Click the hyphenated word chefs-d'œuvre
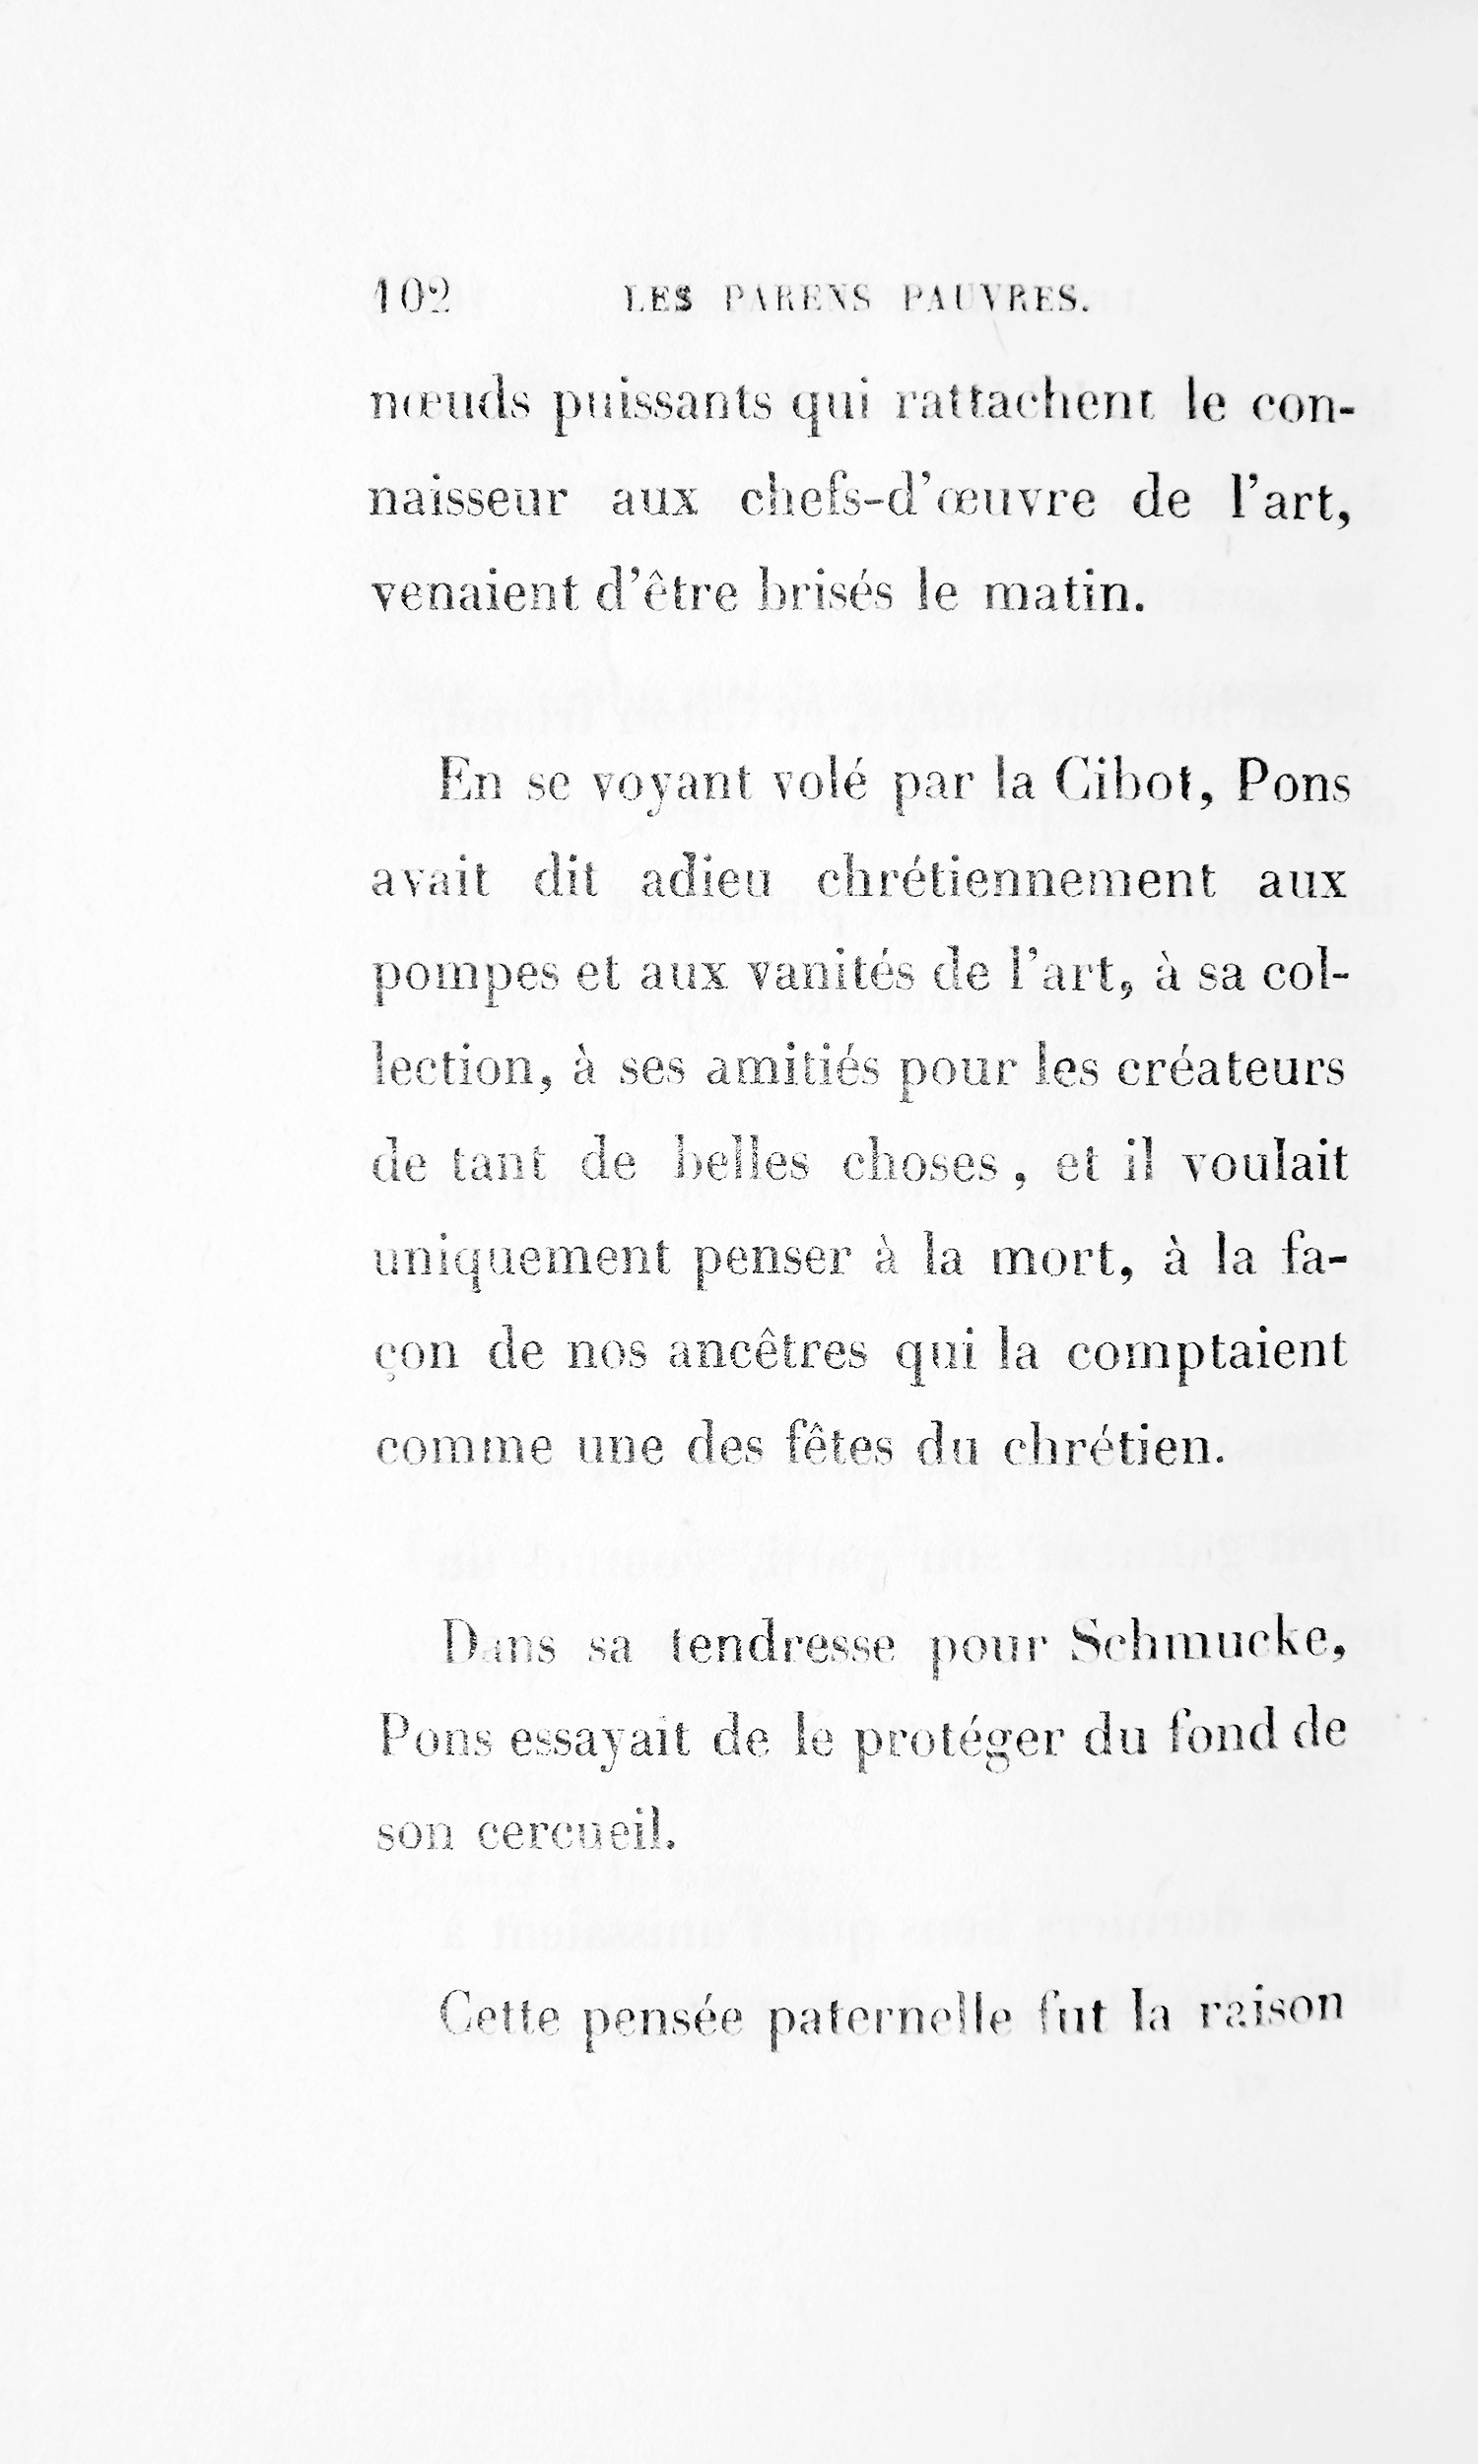[916, 500]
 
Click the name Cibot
[1133, 784]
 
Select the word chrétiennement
[1016, 879]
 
